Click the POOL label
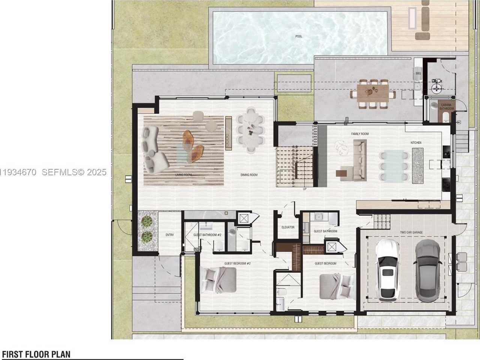pyautogui.click(x=298, y=36)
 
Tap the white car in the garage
pyautogui.click(x=388, y=270)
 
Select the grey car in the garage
pyautogui.click(x=427, y=271)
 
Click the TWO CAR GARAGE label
pyautogui.click(x=411, y=232)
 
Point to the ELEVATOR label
pyautogui.click(x=288, y=227)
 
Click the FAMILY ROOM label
pyautogui.click(x=360, y=134)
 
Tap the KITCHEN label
pyautogui.click(x=416, y=143)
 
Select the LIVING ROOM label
pyautogui.click(x=183, y=175)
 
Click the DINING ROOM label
pyautogui.click(x=249, y=175)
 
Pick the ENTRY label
pyautogui.click(x=169, y=235)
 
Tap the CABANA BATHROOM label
pyautogui.click(x=446, y=107)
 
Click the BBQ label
pyautogui.click(x=418, y=74)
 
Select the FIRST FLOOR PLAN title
pyautogui.click(x=36, y=354)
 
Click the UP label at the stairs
pyautogui.click(x=304, y=189)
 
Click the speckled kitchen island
pyautogui.click(x=417, y=166)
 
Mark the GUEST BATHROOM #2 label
pyautogui.click(x=207, y=235)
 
